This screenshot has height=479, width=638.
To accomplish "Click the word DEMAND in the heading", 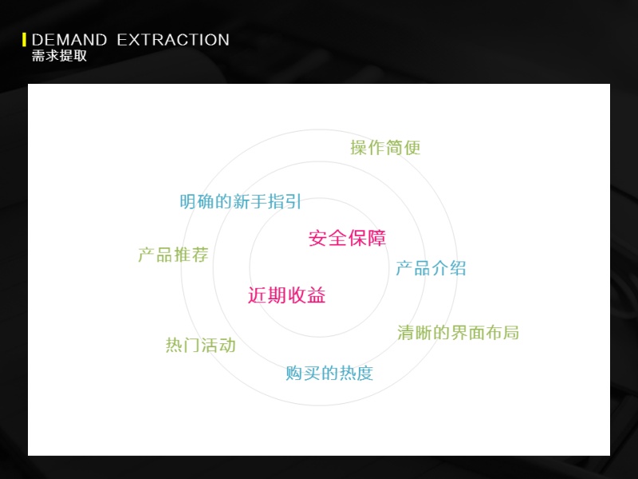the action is pyautogui.click(x=69, y=40).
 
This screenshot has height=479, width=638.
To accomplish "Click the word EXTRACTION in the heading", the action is pyautogui.click(x=173, y=40).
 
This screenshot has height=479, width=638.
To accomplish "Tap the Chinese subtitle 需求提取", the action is pyautogui.click(x=59, y=56).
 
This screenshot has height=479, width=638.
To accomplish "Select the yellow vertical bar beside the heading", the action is pyautogui.click(x=25, y=40).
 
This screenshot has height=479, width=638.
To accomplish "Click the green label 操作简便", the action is pyautogui.click(x=385, y=148).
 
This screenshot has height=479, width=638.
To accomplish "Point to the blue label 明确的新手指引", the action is pyautogui.click(x=241, y=202).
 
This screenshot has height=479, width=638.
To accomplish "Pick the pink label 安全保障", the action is pyautogui.click(x=347, y=238).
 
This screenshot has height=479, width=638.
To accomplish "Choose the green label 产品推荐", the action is pyautogui.click(x=173, y=255).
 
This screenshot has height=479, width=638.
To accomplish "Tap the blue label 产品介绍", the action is pyautogui.click(x=431, y=268).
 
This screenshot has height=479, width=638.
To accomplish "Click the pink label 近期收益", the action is pyautogui.click(x=287, y=295).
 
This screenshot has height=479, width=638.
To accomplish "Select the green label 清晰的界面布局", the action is pyautogui.click(x=458, y=333).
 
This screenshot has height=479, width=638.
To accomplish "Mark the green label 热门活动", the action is pyautogui.click(x=201, y=346).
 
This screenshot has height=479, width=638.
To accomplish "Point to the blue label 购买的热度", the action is pyautogui.click(x=329, y=373).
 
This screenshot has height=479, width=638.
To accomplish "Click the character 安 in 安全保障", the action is pyautogui.click(x=317, y=238).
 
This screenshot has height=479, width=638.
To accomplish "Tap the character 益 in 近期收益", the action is pyautogui.click(x=317, y=295).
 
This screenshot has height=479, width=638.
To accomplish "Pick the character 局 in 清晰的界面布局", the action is pyautogui.click(x=511, y=333).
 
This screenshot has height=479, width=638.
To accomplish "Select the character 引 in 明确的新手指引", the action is pyautogui.click(x=293, y=202).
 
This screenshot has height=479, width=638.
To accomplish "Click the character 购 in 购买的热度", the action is pyautogui.click(x=293, y=373).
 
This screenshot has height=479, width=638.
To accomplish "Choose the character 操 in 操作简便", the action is pyautogui.click(x=359, y=148).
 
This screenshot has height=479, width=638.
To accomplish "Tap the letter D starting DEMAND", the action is pyautogui.click(x=37, y=40).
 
